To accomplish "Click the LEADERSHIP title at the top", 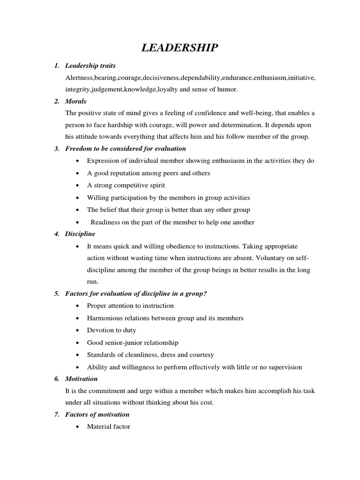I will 180,47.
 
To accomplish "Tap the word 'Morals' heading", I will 76,101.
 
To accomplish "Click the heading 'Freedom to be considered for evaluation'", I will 126,149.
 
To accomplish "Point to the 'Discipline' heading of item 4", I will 80,233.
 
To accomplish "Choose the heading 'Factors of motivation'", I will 97,414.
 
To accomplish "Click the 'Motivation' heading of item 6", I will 82,378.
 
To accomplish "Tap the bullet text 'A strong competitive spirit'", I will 126,185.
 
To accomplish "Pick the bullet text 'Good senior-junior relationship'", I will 133,343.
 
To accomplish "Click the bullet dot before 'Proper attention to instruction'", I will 77,306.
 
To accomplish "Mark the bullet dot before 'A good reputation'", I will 77,173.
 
